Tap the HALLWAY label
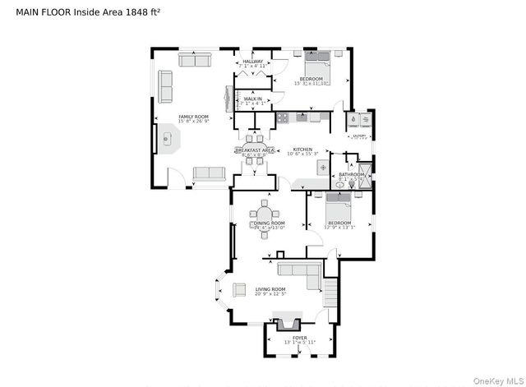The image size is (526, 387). tap(252, 62)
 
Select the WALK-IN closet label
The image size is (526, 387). tap(252, 99)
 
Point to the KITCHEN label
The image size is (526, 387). tap(302, 150)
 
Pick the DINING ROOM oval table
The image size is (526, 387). tap(265, 219)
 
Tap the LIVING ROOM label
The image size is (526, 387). tap(270, 289)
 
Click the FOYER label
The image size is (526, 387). tap(299, 338)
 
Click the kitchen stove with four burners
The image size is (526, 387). tap(284, 117)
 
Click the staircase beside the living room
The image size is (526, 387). tap(330, 292)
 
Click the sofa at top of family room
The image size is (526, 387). tap(195, 61)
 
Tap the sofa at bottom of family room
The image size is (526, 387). tap(209, 173)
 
